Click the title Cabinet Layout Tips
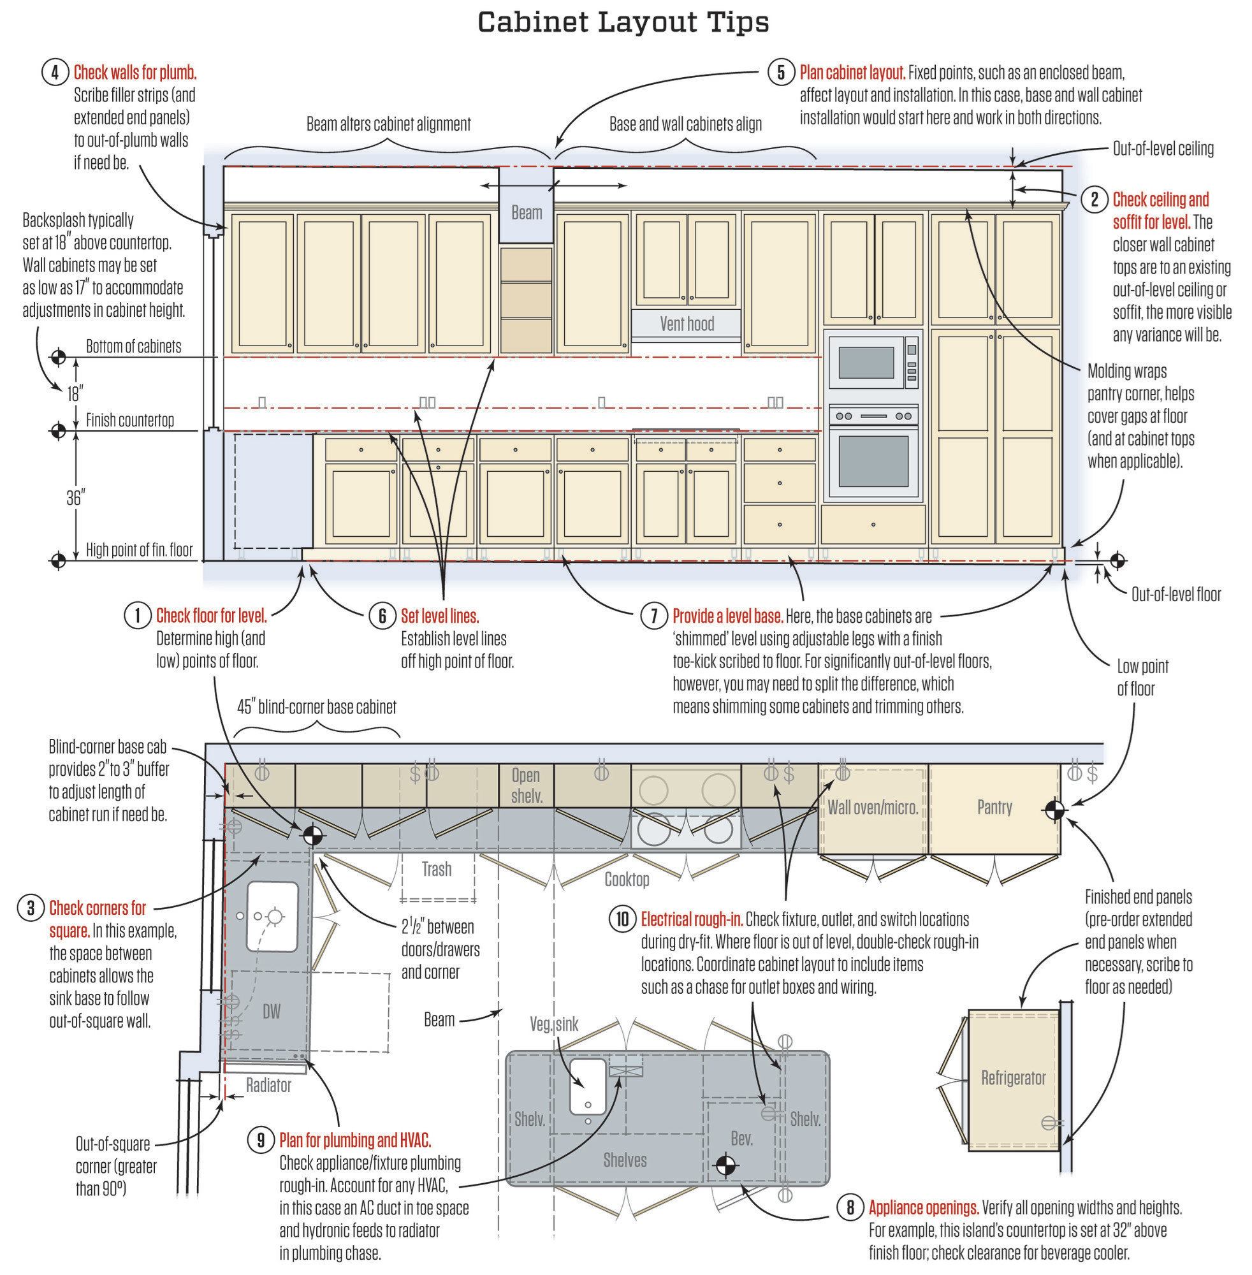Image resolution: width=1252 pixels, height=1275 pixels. pos(623,22)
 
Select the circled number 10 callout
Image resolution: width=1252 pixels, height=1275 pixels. pos(621,920)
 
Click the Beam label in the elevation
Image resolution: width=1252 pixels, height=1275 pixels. pos(526,212)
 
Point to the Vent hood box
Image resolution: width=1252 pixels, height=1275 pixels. pos(687,323)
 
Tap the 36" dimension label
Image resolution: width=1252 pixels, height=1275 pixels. pos(76,499)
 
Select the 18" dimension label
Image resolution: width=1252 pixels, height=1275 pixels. pos(76,394)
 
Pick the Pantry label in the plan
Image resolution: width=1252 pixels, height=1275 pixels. pos(994,807)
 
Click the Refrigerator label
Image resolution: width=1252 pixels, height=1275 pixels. pos(1013,1078)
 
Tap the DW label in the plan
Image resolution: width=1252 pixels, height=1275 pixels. pos(271,1011)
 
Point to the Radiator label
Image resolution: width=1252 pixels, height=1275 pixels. pos(268,1085)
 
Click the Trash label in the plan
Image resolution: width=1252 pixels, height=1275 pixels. pos(436,870)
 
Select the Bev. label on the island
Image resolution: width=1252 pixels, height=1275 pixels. pos(741,1138)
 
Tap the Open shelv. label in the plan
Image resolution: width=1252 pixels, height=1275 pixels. pos(526,786)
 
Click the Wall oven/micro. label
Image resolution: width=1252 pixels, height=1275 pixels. pos(873,807)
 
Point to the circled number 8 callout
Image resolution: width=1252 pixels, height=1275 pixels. pos(850,1207)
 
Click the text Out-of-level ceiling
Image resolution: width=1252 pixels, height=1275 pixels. pos(1163,149)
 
